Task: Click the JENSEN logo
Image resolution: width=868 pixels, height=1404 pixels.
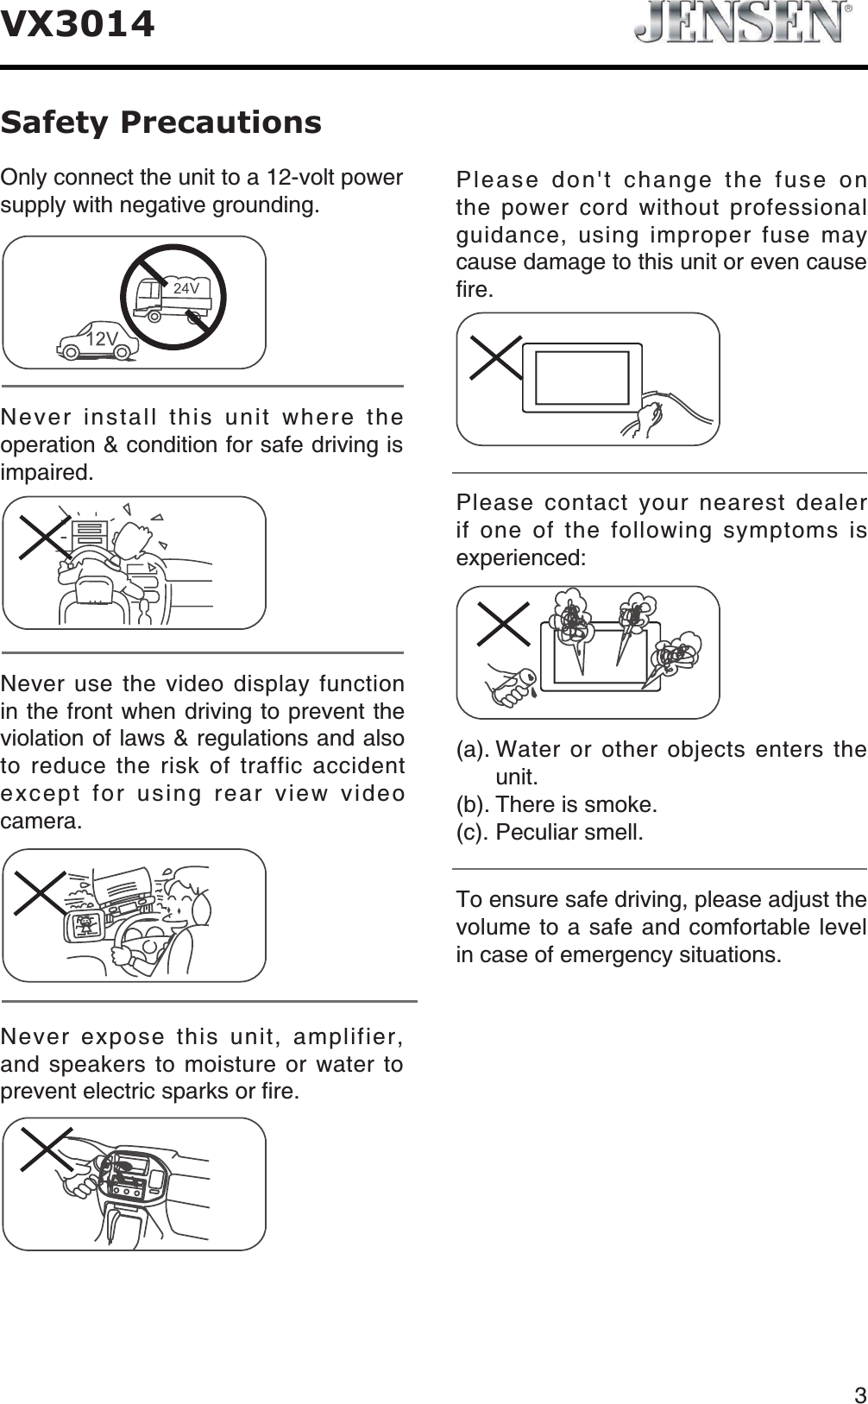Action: point(741,22)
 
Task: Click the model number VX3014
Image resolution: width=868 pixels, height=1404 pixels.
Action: point(78,23)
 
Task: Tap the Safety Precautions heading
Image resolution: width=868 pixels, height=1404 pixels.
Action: point(160,122)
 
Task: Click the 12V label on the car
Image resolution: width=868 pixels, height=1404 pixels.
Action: point(102,339)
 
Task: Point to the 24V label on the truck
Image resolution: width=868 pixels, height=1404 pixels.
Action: point(186,288)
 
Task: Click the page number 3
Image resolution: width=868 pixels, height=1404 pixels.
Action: point(859,1370)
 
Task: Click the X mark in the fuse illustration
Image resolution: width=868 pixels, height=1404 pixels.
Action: point(495,357)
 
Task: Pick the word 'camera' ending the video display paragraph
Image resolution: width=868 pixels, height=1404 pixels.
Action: point(41,822)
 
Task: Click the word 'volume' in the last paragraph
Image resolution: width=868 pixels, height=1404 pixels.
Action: point(488,928)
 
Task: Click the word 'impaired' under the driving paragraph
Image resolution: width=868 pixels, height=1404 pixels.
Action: point(44,473)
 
